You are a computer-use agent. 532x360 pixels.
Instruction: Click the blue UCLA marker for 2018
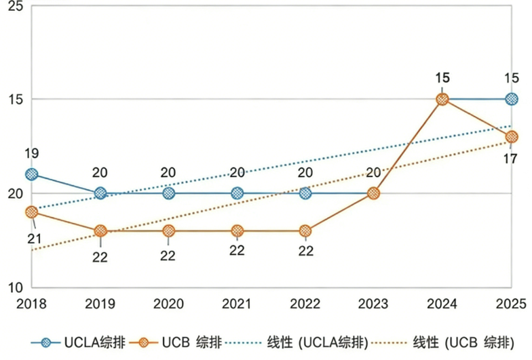pos(31,174)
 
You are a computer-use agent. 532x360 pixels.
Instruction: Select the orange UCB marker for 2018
pos(31,212)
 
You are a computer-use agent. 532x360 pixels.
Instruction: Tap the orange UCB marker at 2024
pos(442,100)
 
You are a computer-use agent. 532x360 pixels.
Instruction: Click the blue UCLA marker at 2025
pos(512,100)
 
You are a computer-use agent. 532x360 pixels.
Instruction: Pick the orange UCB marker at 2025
pos(512,137)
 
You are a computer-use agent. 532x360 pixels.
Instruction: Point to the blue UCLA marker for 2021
pos(237,193)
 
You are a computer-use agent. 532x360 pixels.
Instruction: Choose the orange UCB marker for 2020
pos(168,231)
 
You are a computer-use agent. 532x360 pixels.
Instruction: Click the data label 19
pos(31,154)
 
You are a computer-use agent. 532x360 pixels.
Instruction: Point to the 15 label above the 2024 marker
pos(442,76)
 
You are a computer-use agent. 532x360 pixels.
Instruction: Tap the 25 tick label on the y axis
pos(14,7)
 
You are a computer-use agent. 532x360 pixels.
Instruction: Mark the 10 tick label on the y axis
pos(14,287)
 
